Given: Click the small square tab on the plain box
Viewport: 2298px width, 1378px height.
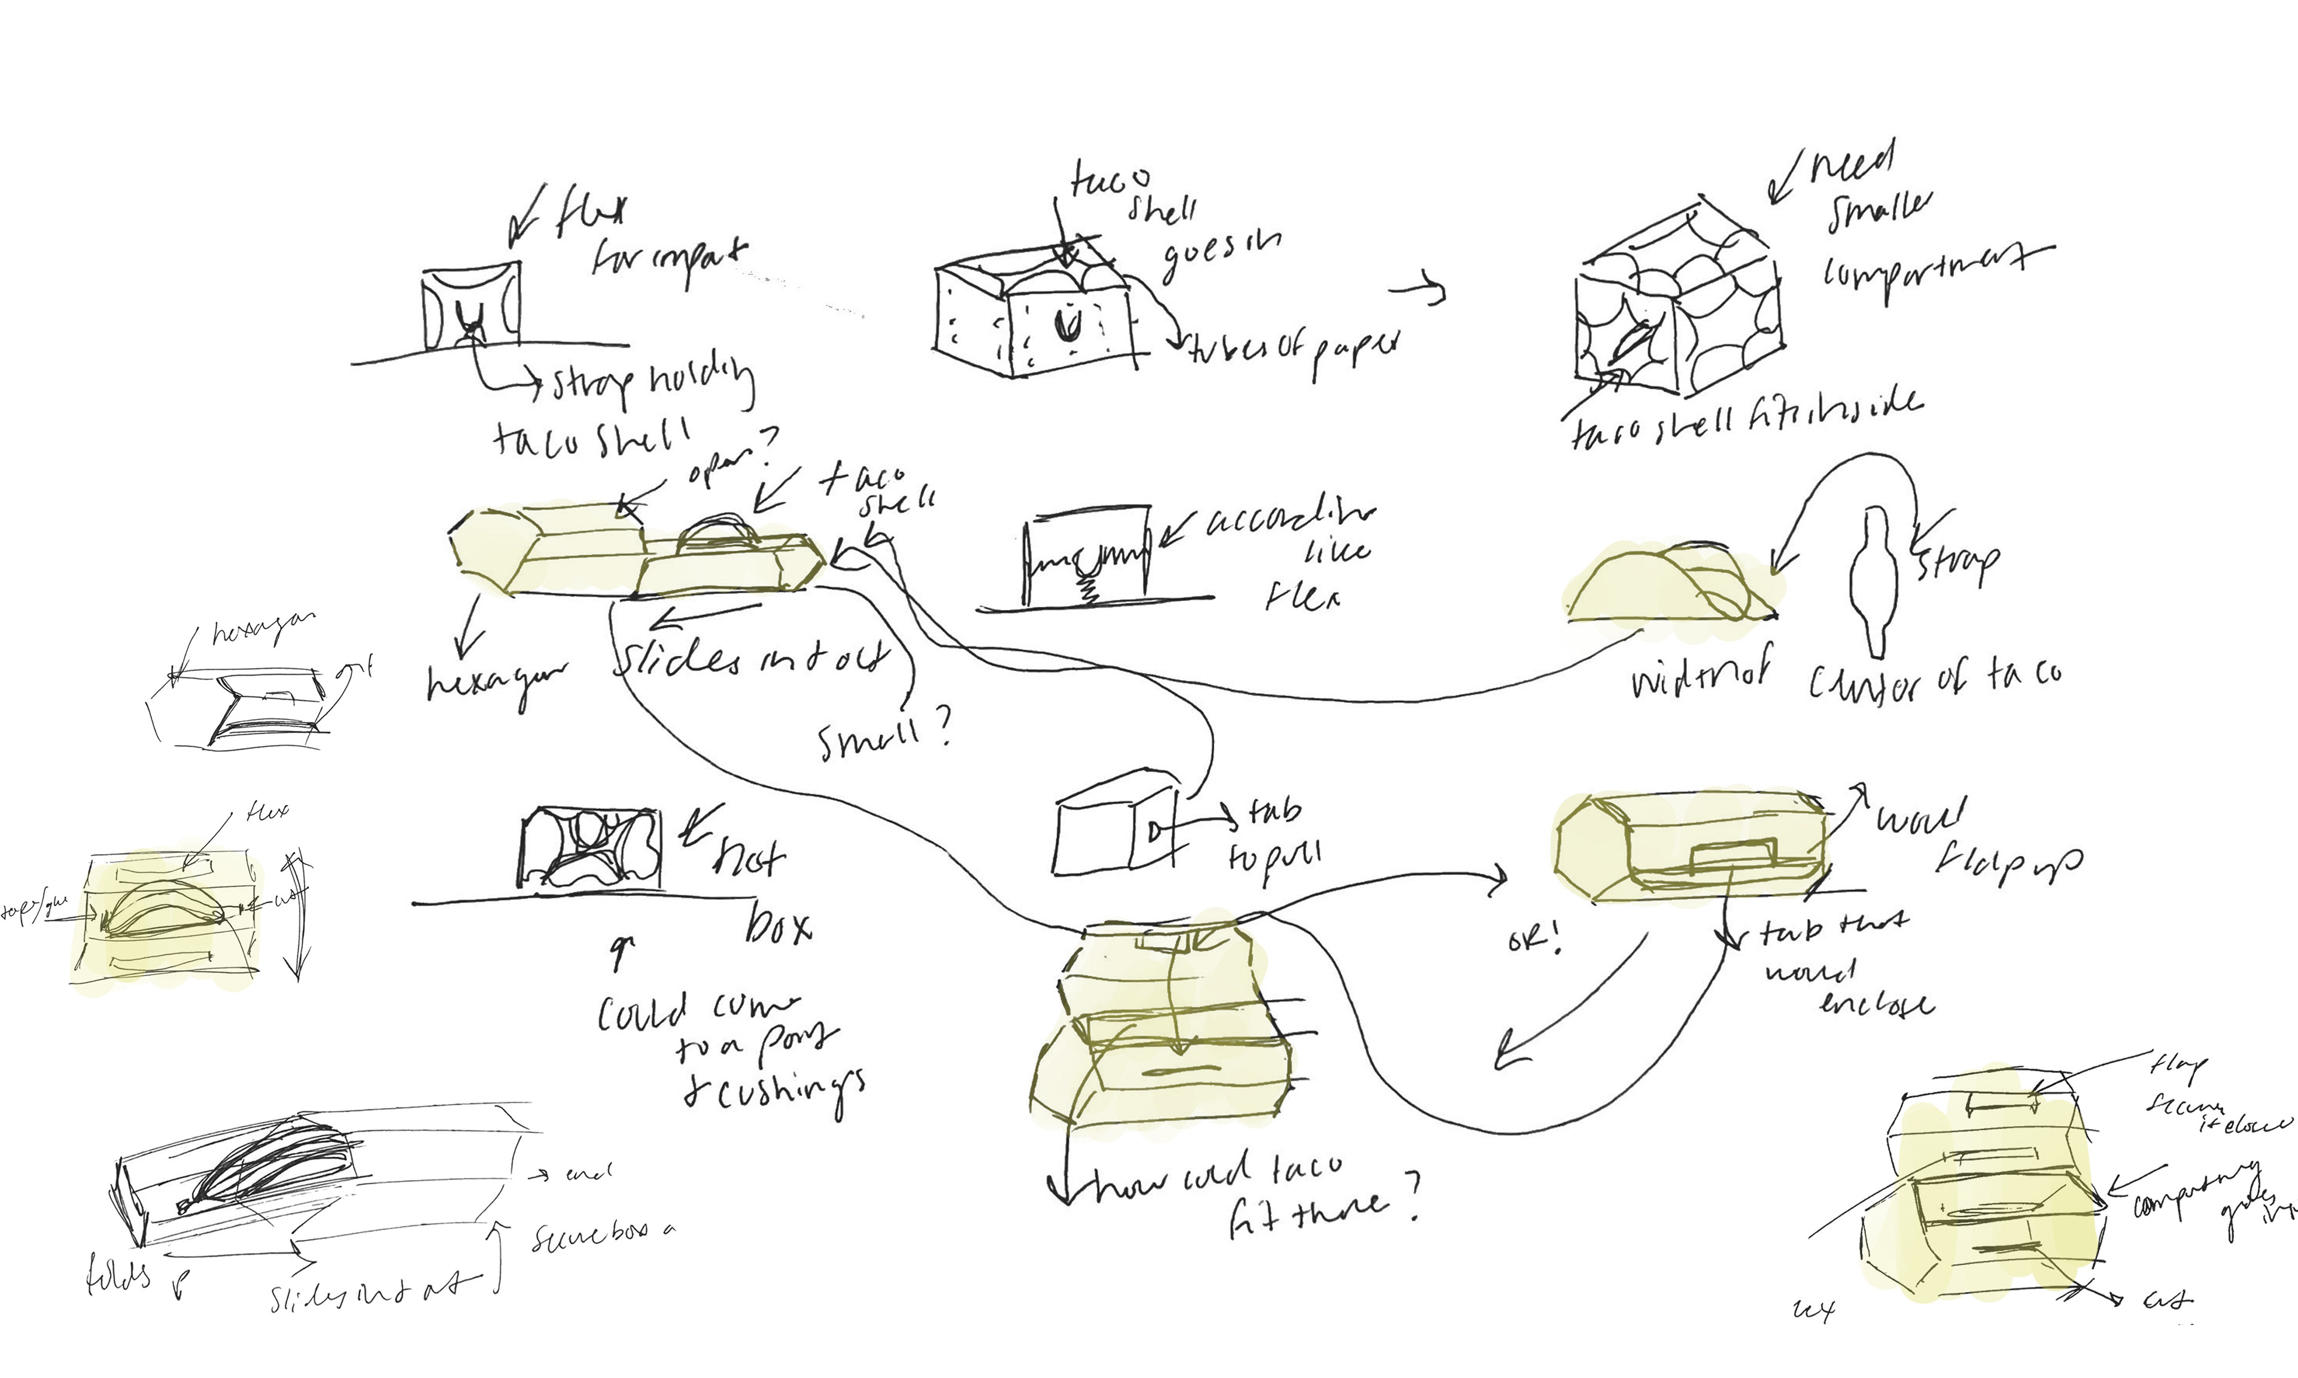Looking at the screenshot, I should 1154,832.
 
